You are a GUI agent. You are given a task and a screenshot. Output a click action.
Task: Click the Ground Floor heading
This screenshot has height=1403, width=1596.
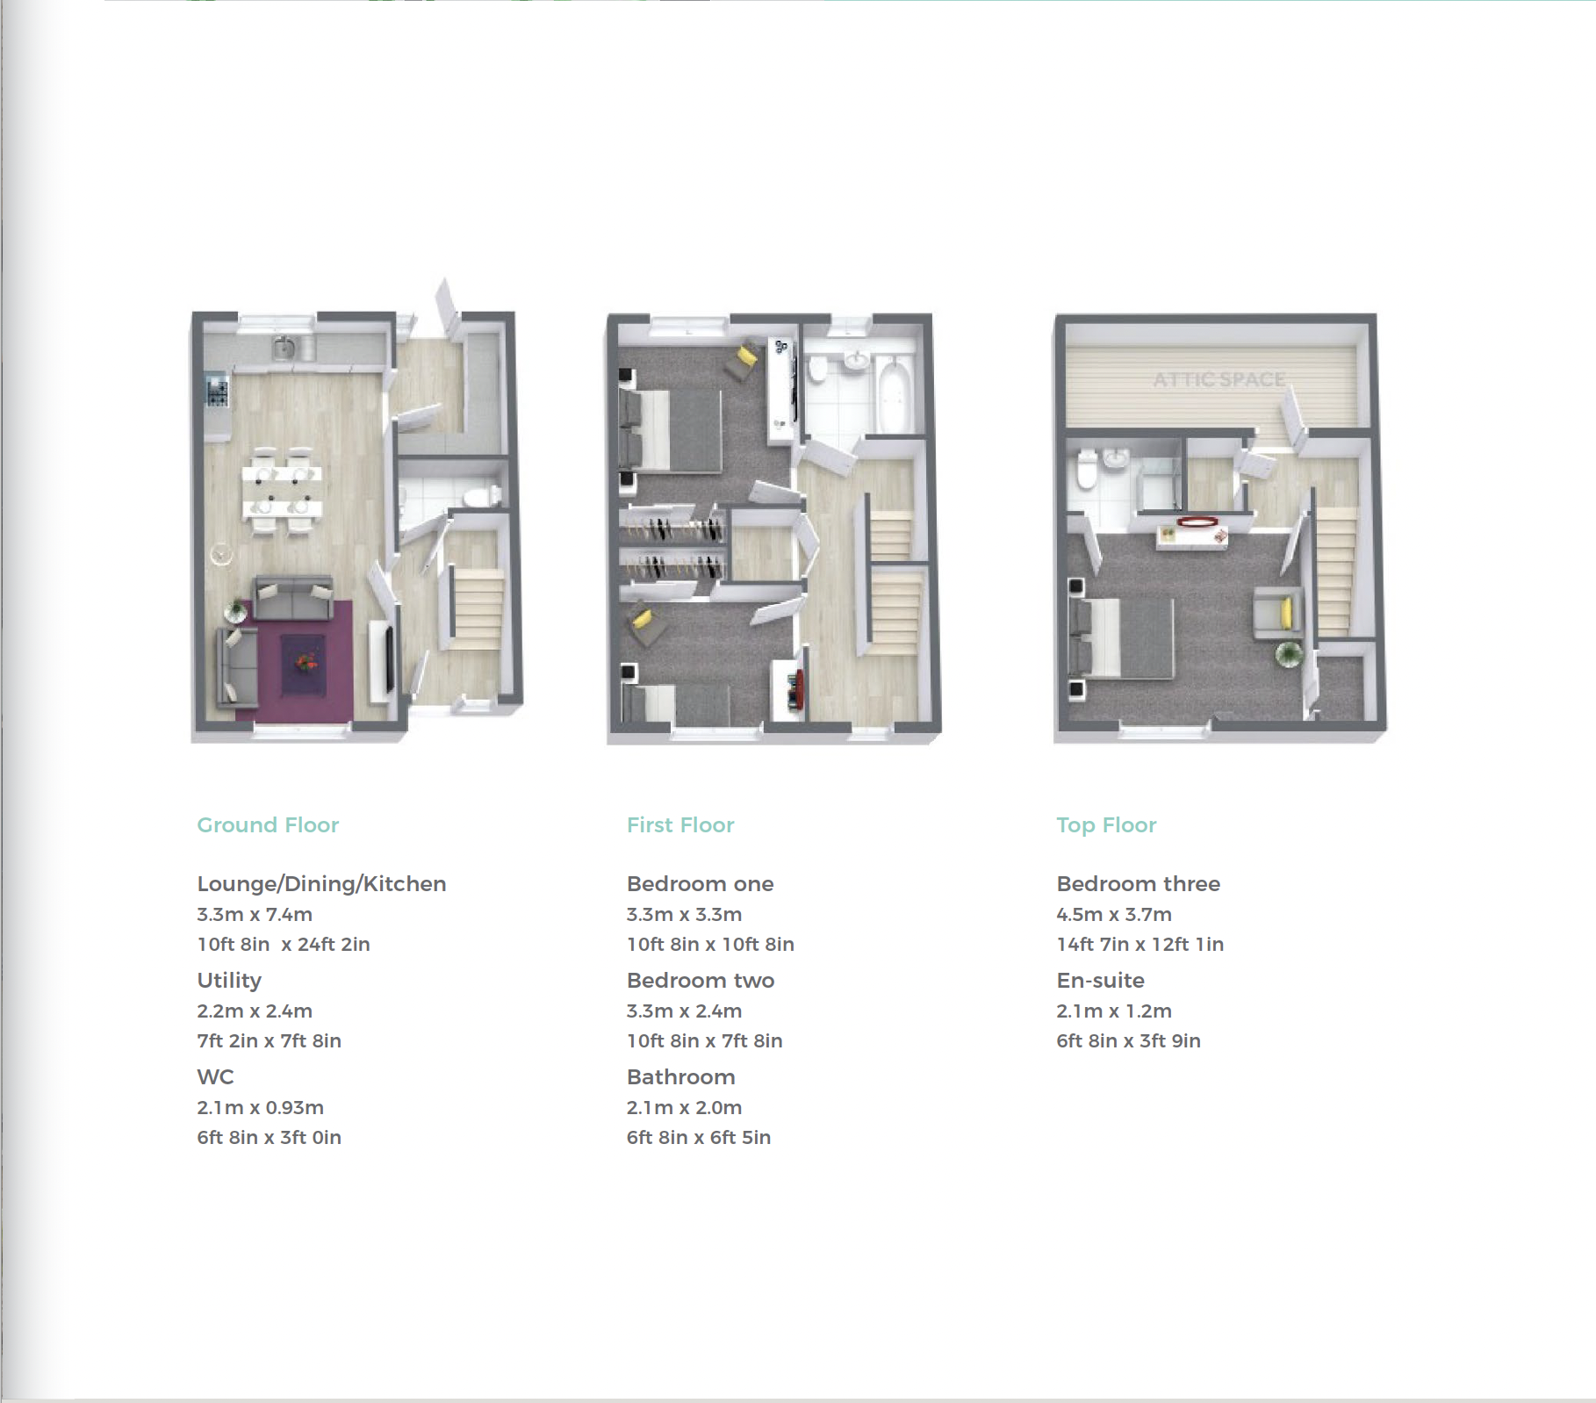[x=268, y=824]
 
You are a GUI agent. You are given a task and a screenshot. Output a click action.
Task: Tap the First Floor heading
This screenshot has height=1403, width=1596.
[x=680, y=824]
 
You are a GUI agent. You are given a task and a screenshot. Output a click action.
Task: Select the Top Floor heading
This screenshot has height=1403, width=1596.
[x=1106, y=825]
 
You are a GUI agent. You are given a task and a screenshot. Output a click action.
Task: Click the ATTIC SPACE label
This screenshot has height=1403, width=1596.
[x=1219, y=379]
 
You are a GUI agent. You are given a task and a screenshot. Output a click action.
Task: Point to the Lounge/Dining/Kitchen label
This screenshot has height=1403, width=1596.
[x=321, y=884]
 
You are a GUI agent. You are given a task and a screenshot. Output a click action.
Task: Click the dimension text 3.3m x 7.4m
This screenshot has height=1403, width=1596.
[x=255, y=914]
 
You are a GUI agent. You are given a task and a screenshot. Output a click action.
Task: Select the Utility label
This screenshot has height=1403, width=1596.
[x=229, y=981]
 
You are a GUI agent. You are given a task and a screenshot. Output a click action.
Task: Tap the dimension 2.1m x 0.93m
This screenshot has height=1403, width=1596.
[x=261, y=1107]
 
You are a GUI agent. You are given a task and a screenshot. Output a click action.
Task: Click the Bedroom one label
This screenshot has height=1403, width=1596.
[x=701, y=884]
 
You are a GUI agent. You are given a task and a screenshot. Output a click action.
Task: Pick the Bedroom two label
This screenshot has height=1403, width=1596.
[x=701, y=981]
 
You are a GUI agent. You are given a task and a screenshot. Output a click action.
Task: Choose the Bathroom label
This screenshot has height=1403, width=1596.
[x=681, y=1077]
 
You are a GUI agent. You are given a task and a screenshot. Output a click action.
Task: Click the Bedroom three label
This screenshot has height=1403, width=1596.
[x=1139, y=884]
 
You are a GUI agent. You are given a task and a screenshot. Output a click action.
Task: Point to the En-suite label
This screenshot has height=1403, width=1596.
[x=1101, y=981]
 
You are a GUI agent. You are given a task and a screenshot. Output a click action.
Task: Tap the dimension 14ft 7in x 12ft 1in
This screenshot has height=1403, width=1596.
[x=1140, y=944]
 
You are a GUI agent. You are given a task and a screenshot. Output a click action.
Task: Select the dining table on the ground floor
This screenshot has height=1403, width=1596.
[x=283, y=491]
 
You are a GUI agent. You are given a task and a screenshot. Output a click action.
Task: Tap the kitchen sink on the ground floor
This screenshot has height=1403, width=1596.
[x=284, y=348]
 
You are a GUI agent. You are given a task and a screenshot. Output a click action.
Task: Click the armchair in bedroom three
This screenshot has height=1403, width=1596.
[x=1275, y=613]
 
